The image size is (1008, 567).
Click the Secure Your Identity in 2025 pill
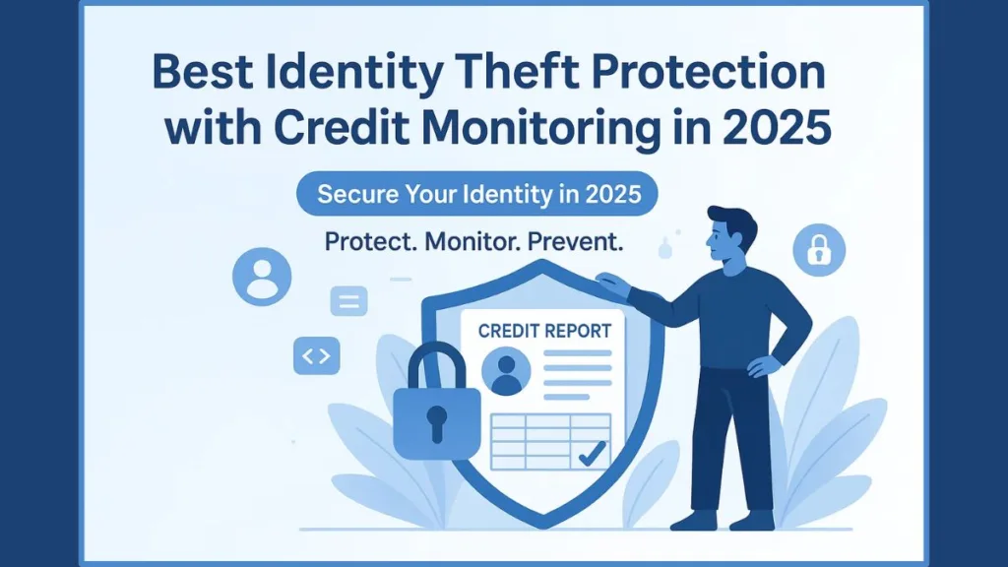(478, 194)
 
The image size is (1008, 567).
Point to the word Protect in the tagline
(373, 243)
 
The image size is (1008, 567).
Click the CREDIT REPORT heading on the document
(544, 331)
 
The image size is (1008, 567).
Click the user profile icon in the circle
(262, 276)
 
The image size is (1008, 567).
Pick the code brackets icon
(316, 356)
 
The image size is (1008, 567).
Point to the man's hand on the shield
(614, 285)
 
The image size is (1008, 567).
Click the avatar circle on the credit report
(507, 373)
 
